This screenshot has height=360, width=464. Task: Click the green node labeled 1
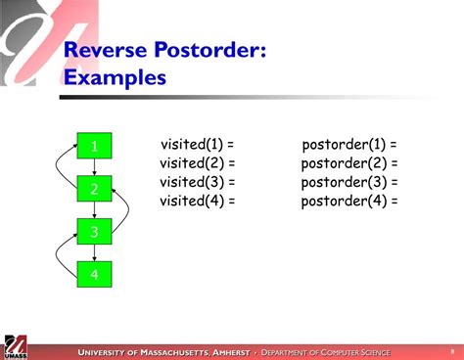95,146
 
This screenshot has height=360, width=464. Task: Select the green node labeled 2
95,189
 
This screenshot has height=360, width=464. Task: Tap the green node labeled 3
95,232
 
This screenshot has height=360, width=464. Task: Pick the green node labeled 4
95,275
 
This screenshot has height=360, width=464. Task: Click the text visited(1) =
197,145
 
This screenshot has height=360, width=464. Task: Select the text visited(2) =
197,163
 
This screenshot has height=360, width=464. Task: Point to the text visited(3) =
197,182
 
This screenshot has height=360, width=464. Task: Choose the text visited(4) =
197,201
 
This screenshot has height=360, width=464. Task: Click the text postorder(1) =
349,145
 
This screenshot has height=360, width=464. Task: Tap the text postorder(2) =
349,163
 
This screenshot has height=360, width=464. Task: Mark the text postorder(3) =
349,182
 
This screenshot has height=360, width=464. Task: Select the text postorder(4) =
349,201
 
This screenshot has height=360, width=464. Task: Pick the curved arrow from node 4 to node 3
62,252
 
